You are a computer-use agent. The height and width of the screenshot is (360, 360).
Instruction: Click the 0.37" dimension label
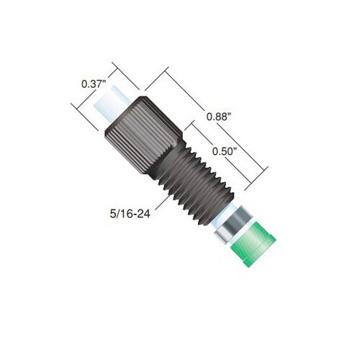(x=94, y=84)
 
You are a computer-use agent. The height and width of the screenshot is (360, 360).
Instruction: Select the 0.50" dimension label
(x=225, y=151)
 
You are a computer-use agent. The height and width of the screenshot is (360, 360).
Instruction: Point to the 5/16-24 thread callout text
(x=130, y=214)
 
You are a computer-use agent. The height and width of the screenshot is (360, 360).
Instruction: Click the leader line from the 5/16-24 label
(x=161, y=204)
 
